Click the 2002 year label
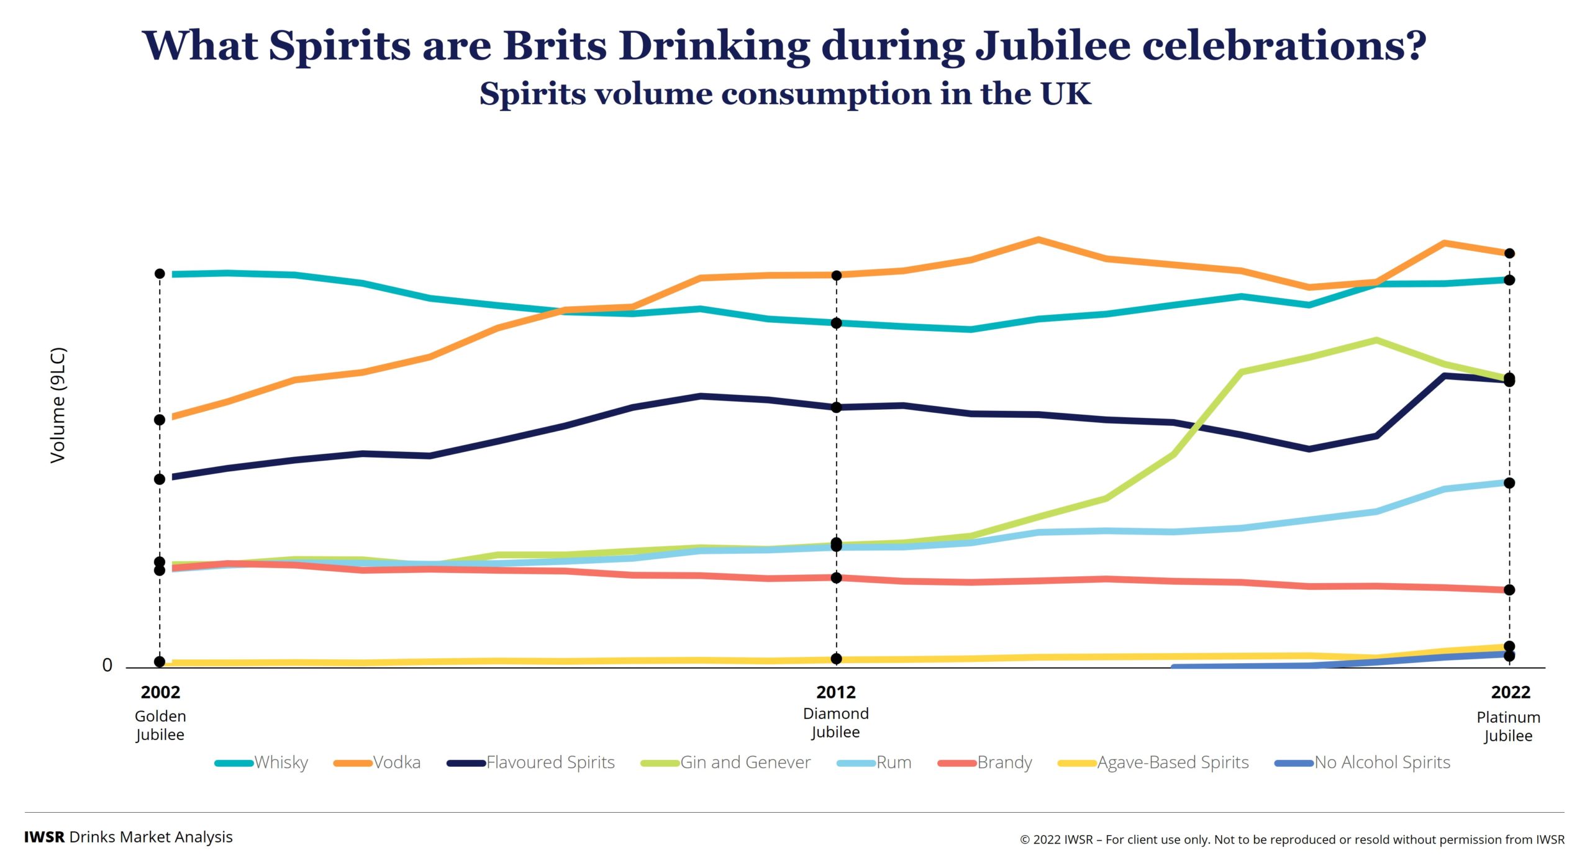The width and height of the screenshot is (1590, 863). click(x=160, y=692)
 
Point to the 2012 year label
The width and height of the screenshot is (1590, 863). click(x=836, y=692)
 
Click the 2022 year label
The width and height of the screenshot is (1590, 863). click(x=1510, y=692)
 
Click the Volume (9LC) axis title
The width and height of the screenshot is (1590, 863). click(x=58, y=405)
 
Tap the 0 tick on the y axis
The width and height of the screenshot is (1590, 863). click(x=107, y=666)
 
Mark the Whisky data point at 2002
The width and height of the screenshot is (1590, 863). click(x=160, y=274)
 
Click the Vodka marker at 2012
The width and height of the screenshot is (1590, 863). click(x=837, y=276)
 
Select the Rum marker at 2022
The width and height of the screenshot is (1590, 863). click(x=1510, y=483)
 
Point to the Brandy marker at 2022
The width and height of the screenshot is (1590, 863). click(x=1510, y=590)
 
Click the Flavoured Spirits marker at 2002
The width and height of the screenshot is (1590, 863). click(x=160, y=479)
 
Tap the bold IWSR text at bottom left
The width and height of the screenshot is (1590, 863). click(x=44, y=837)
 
